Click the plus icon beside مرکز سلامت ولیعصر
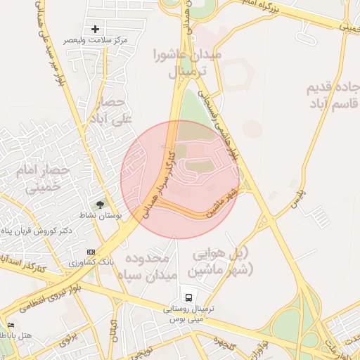(x=95, y=29)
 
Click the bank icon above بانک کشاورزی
(x=91, y=252)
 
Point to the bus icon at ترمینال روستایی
(x=188, y=297)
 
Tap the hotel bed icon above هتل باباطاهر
(x=10, y=325)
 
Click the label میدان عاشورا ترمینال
(x=187, y=63)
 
